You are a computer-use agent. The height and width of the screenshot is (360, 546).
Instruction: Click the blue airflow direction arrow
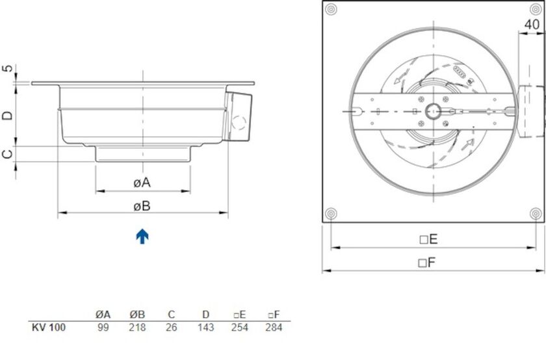point(142,236)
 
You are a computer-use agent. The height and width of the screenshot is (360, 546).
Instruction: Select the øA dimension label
point(142,183)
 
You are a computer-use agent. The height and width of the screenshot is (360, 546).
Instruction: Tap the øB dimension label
point(142,206)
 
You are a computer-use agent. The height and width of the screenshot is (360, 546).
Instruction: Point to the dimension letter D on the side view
point(7,115)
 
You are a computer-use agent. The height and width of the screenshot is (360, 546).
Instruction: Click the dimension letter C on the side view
point(7,154)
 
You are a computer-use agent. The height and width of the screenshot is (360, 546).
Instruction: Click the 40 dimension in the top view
point(531,24)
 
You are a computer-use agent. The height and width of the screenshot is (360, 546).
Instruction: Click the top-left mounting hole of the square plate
point(331,10)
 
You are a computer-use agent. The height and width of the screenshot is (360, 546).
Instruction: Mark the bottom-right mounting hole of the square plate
point(536,213)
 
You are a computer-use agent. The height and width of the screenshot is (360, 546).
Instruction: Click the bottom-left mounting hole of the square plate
point(331,213)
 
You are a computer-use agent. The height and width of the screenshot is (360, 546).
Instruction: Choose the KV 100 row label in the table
point(48,328)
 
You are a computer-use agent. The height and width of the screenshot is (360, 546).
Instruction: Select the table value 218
point(138,328)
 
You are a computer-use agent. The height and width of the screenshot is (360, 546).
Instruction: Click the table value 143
point(205,328)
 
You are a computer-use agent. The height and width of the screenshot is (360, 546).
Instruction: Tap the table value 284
point(274,328)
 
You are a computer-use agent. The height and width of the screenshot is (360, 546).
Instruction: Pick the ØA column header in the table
point(103,315)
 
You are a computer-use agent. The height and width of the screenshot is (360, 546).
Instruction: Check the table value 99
point(103,328)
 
